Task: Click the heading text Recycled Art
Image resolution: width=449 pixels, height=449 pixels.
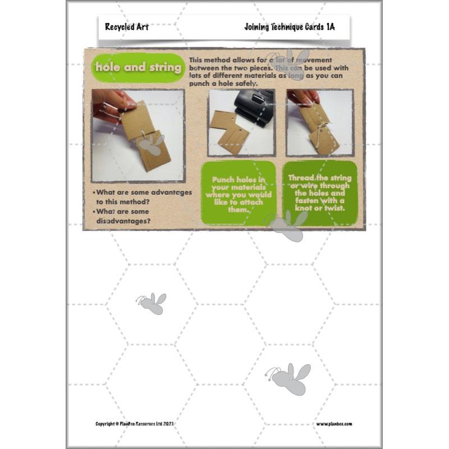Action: (x=126, y=26)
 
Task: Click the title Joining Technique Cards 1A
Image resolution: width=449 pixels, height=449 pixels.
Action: (x=289, y=26)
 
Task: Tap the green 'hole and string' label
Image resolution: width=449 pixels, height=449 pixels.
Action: (x=138, y=67)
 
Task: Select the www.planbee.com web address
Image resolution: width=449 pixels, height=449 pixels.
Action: (x=334, y=424)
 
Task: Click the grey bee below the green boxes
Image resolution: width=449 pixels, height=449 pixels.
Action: (x=288, y=226)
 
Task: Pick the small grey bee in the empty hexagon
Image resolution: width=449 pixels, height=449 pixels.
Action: (x=152, y=303)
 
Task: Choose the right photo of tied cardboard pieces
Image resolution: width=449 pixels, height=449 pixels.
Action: (x=319, y=123)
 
